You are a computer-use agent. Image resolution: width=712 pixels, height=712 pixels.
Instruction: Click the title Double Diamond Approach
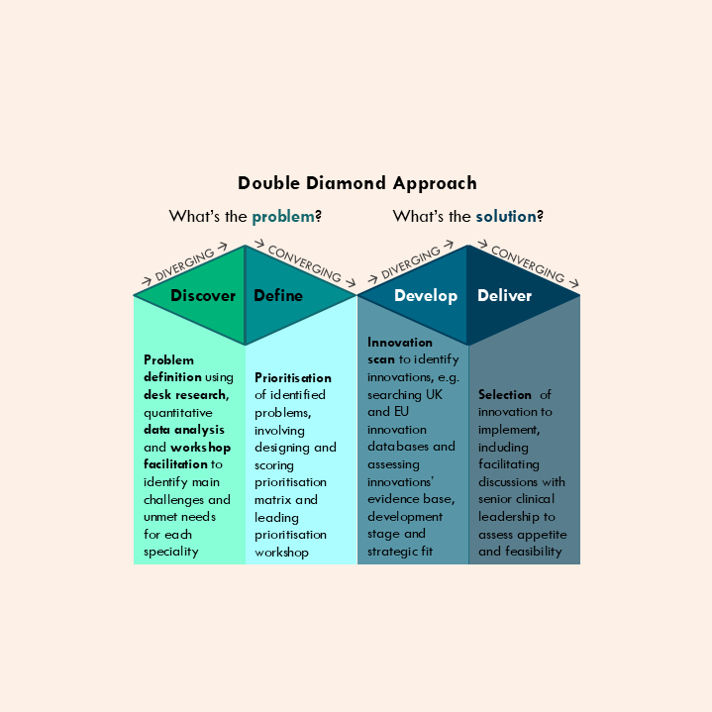click(x=356, y=183)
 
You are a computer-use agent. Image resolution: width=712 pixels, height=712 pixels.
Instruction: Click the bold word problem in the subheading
click(x=283, y=216)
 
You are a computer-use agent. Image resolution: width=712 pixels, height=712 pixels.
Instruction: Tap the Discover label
click(x=203, y=295)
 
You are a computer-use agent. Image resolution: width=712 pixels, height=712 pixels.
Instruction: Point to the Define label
click(x=278, y=295)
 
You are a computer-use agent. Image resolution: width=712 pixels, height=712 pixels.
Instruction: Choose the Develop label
click(x=426, y=295)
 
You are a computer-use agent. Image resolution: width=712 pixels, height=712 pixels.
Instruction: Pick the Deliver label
click(x=504, y=295)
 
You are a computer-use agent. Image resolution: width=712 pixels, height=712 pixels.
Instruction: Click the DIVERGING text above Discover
click(x=184, y=265)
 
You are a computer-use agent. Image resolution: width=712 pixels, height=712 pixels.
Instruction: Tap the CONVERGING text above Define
click(x=304, y=262)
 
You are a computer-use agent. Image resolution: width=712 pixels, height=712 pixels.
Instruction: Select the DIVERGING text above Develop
click(x=410, y=263)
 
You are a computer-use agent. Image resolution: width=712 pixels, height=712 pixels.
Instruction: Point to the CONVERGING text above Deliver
click(x=528, y=262)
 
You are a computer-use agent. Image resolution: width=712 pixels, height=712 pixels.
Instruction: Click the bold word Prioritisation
click(x=293, y=377)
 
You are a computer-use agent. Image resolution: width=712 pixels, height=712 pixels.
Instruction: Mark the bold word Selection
click(x=505, y=394)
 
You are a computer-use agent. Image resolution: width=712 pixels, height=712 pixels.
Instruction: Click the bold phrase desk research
click(x=185, y=395)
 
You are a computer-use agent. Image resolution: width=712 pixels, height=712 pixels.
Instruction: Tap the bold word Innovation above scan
click(x=400, y=343)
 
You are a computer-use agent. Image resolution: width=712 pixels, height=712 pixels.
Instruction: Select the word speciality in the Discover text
click(x=170, y=552)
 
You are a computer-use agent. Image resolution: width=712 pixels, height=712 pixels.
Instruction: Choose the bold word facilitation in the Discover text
click(x=176, y=464)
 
